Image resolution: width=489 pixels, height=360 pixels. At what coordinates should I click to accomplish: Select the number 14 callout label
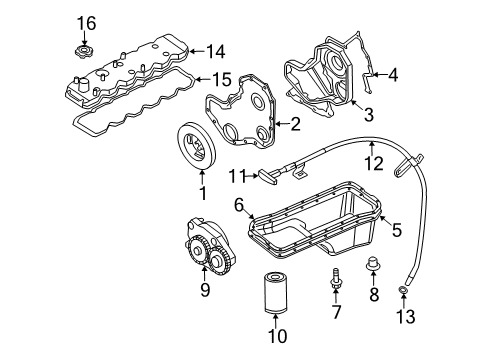(x=216, y=49)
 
